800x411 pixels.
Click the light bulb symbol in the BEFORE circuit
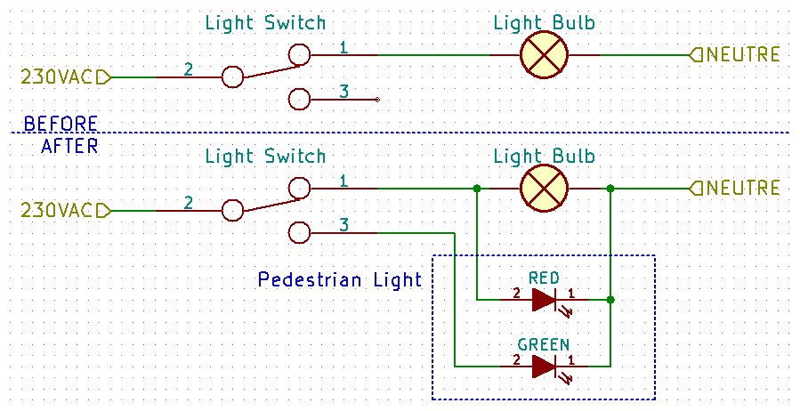(x=544, y=55)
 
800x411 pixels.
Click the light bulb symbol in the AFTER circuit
(x=544, y=189)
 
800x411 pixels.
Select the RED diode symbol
(x=544, y=300)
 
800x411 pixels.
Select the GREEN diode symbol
(x=544, y=366)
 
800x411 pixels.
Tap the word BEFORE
(x=61, y=124)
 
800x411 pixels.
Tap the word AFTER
(x=69, y=145)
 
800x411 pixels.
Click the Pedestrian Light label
(x=339, y=280)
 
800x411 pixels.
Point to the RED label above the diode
(x=544, y=277)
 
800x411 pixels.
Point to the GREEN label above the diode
(x=544, y=344)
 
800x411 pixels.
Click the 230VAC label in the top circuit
(x=56, y=78)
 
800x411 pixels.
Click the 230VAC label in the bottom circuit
(x=56, y=212)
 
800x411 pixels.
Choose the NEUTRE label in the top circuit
(x=743, y=55)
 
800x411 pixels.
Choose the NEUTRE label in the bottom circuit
(x=743, y=189)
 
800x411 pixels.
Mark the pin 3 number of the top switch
(x=343, y=91)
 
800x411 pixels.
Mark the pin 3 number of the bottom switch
(x=343, y=224)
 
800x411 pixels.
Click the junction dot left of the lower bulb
(x=477, y=189)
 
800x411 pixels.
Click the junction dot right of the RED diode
(x=610, y=300)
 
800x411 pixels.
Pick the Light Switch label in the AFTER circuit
(x=265, y=157)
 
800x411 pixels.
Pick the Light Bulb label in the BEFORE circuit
(x=544, y=23)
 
